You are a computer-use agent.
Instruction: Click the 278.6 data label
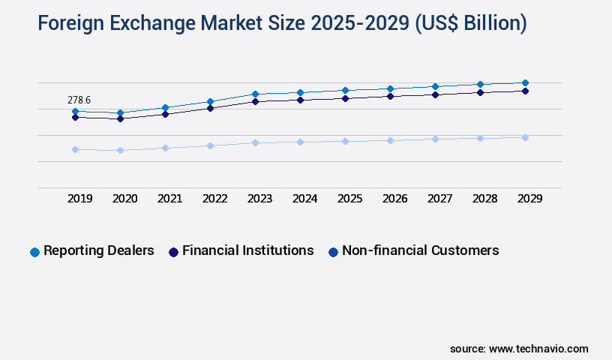click(79, 100)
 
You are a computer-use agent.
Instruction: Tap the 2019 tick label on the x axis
click(79, 199)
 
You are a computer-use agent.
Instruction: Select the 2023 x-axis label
click(259, 199)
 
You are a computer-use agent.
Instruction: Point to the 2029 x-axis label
click(529, 199)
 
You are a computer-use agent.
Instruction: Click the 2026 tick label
click(394, 199)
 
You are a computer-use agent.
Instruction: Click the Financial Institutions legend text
click(247, 250)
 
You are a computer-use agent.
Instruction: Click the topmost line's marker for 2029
click(525, 82)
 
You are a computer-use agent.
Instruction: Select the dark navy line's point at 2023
click(255, 101)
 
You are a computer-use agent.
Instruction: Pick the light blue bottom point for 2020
click(120, 150)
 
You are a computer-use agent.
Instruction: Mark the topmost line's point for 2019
click(75, 111)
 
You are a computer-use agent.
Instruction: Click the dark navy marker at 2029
click(525, 91)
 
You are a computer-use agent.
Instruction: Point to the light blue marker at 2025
click(345, 141)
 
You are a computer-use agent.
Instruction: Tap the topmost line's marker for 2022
click(210, 101)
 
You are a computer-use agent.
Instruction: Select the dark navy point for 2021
click(165, 114)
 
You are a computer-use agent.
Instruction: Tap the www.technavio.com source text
click(538, 349)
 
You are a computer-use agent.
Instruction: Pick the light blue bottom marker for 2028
click(480, 138)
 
